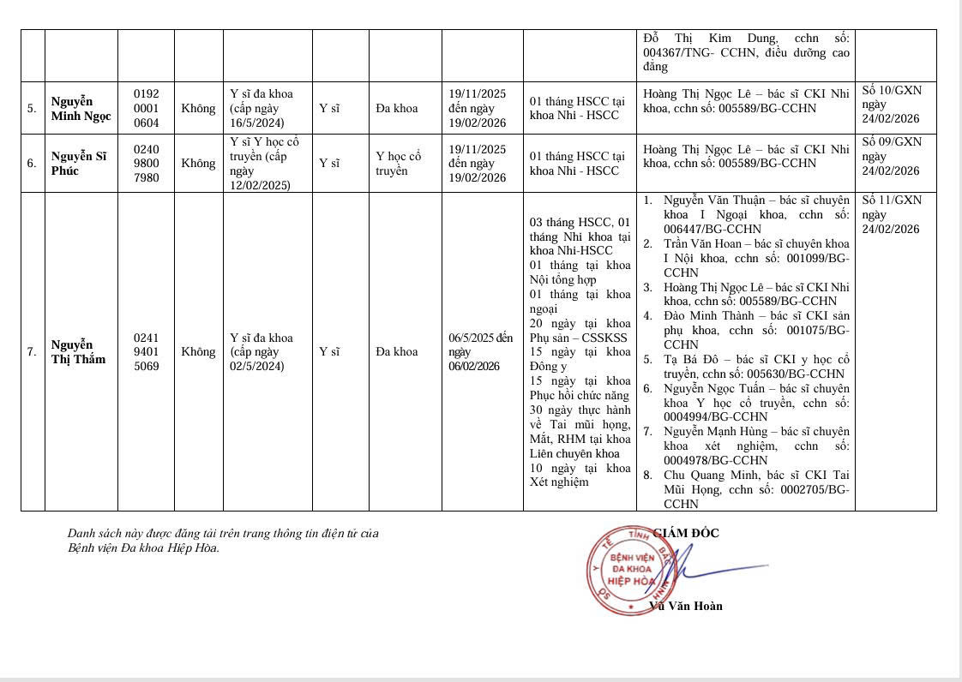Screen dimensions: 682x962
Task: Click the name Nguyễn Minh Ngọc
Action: tap(81, 109)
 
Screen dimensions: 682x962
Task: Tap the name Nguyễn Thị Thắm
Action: tap(78, 351)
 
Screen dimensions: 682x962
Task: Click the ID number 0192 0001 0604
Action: tap(146, 109)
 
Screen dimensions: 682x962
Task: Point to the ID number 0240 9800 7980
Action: tap(146, 164)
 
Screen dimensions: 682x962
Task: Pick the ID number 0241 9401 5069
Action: tap(146, 351)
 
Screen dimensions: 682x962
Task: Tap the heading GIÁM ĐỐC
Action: tap(686, 533)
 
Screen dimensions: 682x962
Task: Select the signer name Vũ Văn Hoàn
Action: tap(686, 606)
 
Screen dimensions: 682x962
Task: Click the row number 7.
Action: tap(32, 352)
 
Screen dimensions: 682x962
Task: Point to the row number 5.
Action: tap(32, 109)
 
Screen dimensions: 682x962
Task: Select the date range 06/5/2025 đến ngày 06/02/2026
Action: tap(481, 351)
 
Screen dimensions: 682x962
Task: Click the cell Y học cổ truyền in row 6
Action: tap(399, 164)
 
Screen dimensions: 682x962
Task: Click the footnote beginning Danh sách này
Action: tap(223, 540)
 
